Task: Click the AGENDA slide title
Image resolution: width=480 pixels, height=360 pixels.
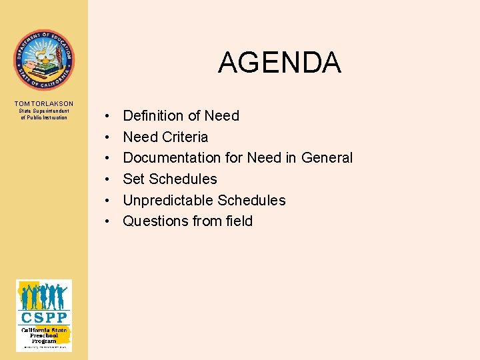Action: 279,63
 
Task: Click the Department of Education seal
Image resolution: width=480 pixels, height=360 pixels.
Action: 44,60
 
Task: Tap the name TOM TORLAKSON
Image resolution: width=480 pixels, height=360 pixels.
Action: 44,103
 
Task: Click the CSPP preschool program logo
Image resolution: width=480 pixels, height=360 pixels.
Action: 44,315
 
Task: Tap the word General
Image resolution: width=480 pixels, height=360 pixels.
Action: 327,158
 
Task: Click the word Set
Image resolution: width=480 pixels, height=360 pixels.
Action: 134,179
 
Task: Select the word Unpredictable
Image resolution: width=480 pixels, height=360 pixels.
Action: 167,201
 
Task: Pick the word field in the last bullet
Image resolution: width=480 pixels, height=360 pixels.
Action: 238,221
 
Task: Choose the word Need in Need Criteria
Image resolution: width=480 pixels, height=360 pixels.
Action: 140,137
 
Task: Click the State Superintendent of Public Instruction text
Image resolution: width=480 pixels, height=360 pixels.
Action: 44,114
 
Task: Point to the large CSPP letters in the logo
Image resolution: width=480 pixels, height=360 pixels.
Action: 44,317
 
